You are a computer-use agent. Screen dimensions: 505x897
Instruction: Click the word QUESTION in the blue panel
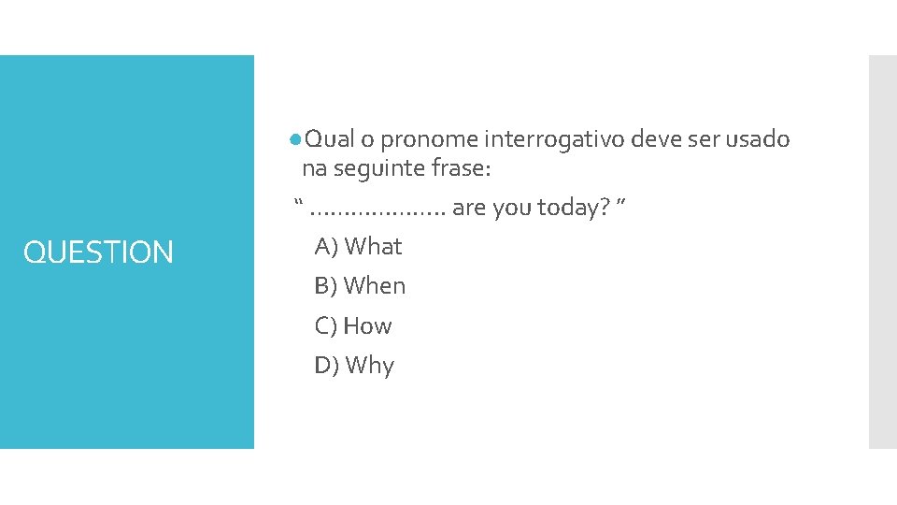tap(98, 252)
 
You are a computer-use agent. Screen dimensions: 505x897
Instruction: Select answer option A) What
tap(358, 247)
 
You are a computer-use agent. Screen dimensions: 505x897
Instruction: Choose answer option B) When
tap(360, 286)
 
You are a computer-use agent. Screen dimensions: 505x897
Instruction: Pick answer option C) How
tap(353, 326)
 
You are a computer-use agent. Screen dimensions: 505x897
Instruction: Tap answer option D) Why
tap(354, 366)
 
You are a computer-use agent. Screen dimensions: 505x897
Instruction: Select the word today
tap(571, 209)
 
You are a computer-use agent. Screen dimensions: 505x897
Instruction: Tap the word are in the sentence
tap(469, 209)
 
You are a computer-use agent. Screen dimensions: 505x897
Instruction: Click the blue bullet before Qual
tap(294, 139)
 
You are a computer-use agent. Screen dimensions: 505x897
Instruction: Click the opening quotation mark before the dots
tap(299, 203)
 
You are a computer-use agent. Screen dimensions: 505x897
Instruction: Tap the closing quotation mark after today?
tap(620, 203)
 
